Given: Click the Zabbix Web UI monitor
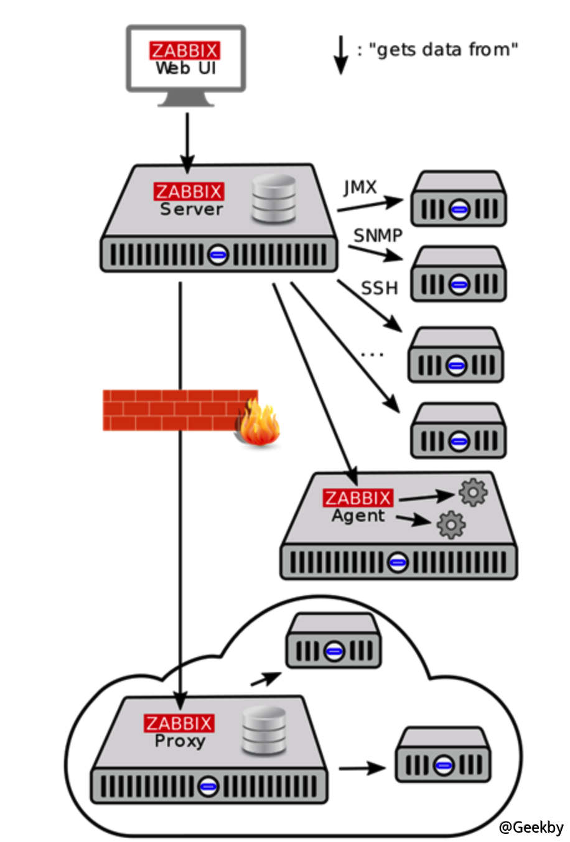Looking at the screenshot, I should click(x=185, y=60).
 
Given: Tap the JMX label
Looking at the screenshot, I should click(x=360, y=187).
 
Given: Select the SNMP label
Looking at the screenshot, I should click(x=378, y=235).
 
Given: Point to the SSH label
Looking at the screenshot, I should click(x=379, y=288).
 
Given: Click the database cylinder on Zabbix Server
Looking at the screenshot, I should click(x=273, y=199).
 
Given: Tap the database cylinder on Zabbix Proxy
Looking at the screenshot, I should click(x=264, y=731).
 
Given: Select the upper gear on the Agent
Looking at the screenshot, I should click(x=473, y=493).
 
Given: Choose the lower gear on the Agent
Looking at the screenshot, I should click(x=451, y=524).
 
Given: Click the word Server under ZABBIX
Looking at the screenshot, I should click(x=191, y=210).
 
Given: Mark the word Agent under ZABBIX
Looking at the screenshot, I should click(x=358, y=516).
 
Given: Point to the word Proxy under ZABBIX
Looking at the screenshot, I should click(x=180, y=741).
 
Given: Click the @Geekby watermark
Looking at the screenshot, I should click(x=531, y=827).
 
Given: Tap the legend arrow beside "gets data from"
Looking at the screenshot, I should click(x=340, y=55).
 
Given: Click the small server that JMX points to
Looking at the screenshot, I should click(x=458, y=199).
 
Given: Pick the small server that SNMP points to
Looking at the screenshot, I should click(x=459, y=274).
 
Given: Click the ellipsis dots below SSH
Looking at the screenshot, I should click(x=372, y=354).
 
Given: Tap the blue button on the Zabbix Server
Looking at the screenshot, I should click(x=218, y=254).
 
